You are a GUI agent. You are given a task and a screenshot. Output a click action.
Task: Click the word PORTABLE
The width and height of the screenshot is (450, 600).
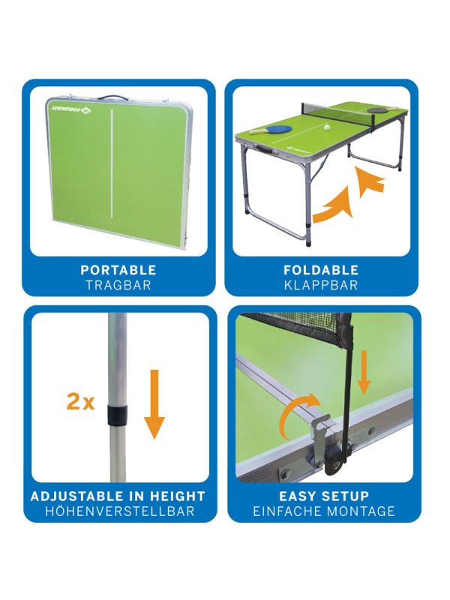pyautogui.click(x=118, y=270)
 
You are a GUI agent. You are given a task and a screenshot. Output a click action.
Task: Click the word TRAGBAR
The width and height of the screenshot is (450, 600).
pyautogui.click(x=118, y=285)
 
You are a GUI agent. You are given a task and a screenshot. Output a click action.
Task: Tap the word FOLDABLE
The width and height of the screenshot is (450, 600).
pyautogui.click(x=321, y=270)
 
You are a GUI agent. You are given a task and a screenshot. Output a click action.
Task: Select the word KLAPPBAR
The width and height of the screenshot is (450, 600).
pyautogui.click(x=321, y=285)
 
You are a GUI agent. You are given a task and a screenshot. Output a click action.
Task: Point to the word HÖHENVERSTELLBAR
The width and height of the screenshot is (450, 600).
pyautogui.click(x=120, y=511)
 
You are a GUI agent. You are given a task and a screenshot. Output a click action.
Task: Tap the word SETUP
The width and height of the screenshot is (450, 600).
pyautogui.click(x=346, y=496)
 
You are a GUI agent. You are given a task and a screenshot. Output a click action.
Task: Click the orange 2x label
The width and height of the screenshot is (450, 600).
pyautogui.click(x=80, y=402)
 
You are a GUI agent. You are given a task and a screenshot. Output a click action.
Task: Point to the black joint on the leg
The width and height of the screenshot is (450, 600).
pyautogui.click(x=117, y=415)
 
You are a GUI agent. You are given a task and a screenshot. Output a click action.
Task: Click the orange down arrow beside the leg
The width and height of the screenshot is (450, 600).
pyautogui.click(x=154, y=404)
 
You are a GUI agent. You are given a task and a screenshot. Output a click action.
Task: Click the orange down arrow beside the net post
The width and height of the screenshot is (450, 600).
pyautogui.click(x=364, y=372)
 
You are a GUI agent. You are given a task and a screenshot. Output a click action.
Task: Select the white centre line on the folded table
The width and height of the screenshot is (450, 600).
pyautogui.click(x=112, y=164)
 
